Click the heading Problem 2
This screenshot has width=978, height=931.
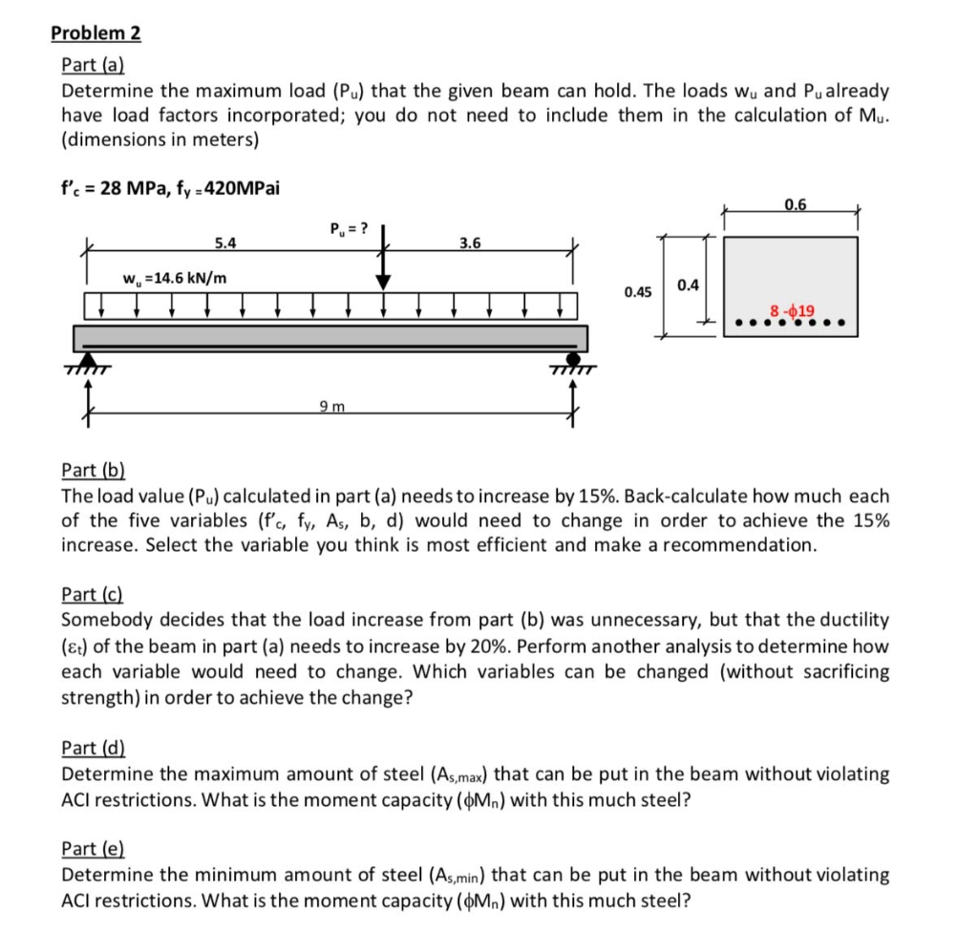96,33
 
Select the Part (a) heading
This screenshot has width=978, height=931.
93,66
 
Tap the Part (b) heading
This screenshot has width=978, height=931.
93,470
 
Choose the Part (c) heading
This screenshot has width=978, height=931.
93,594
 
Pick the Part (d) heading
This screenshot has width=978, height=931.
93,748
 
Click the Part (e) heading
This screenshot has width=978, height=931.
93,849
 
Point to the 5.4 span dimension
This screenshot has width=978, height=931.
225,243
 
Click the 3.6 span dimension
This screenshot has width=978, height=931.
470,243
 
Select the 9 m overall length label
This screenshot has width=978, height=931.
330,408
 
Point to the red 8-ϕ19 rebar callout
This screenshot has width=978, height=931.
792,310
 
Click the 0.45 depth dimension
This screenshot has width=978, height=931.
637,291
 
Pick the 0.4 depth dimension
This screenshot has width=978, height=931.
687,285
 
